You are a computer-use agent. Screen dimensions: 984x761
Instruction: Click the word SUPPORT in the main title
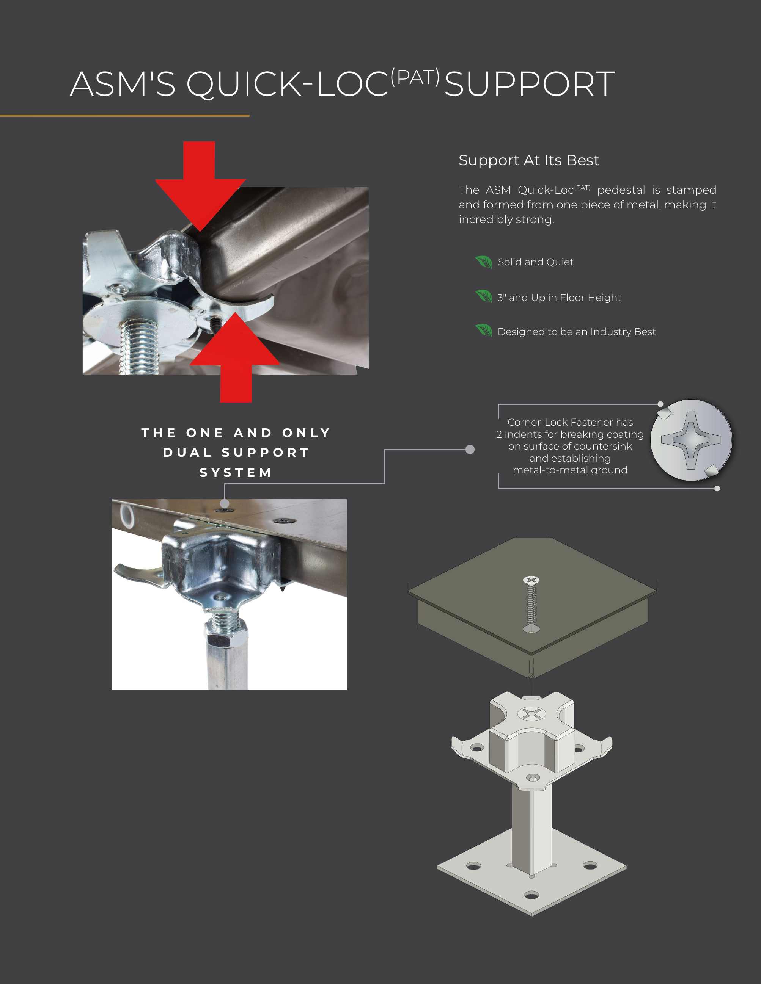click(x=529, y=84)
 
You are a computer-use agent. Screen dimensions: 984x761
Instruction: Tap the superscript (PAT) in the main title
click(x=415, y=77)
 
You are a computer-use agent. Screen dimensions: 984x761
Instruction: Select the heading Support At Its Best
click(x=528, y=160)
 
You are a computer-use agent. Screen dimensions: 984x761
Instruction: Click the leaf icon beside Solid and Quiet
click(x=484, y=262)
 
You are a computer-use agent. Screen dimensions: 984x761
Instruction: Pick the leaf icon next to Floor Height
click(x=484, y=296)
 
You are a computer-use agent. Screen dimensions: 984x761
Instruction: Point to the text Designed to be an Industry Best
click(x=576, y=332)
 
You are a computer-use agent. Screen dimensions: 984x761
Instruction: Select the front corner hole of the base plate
click(x=531, y=895)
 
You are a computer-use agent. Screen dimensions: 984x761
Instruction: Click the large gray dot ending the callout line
click(x=470, y=449)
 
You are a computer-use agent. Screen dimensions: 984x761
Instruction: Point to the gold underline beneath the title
click(x=124, y=116)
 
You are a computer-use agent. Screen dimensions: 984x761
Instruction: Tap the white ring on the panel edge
click(x=127, y=516)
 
